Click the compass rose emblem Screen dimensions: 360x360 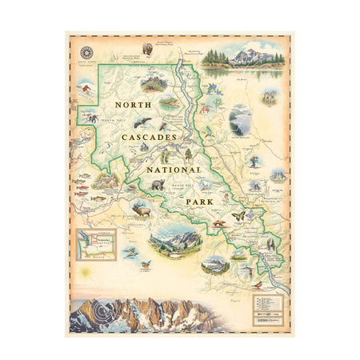pyautogui.click(x=86, y=53)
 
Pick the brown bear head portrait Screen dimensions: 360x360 pyautogui.click(x=147, y=50)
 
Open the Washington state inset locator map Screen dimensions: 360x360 pyautogui.click(x=94, y=242)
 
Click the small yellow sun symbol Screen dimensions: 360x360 pyautogui.click(x=82, y=274)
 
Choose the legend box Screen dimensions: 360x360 pyautogui.click(x=268, y=305)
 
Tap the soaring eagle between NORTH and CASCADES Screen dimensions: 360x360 pyautogui.click(x=142, y=122)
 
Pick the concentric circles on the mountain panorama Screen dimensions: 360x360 pyautogui.click(x=98, y=311)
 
